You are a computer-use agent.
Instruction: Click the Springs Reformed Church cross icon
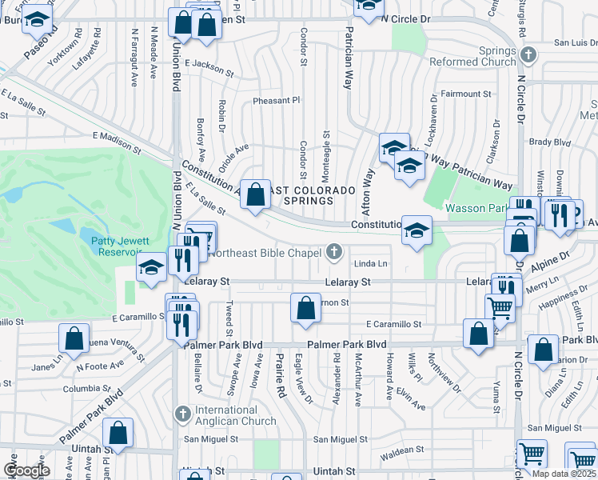tap(527, 55)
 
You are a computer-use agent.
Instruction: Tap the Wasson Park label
tap(476, 208)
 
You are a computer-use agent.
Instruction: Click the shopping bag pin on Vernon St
tap(305, 309)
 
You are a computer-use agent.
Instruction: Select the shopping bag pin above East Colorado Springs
tap(255, 194)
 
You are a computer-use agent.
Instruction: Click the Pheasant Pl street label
tap(276, 101)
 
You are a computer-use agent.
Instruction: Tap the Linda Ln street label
tap(370, 263)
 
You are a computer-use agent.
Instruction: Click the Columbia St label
tap(86, 389)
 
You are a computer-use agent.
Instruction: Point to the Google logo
tap(26, 470)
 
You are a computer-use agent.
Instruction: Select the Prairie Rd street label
tap(281, 377)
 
